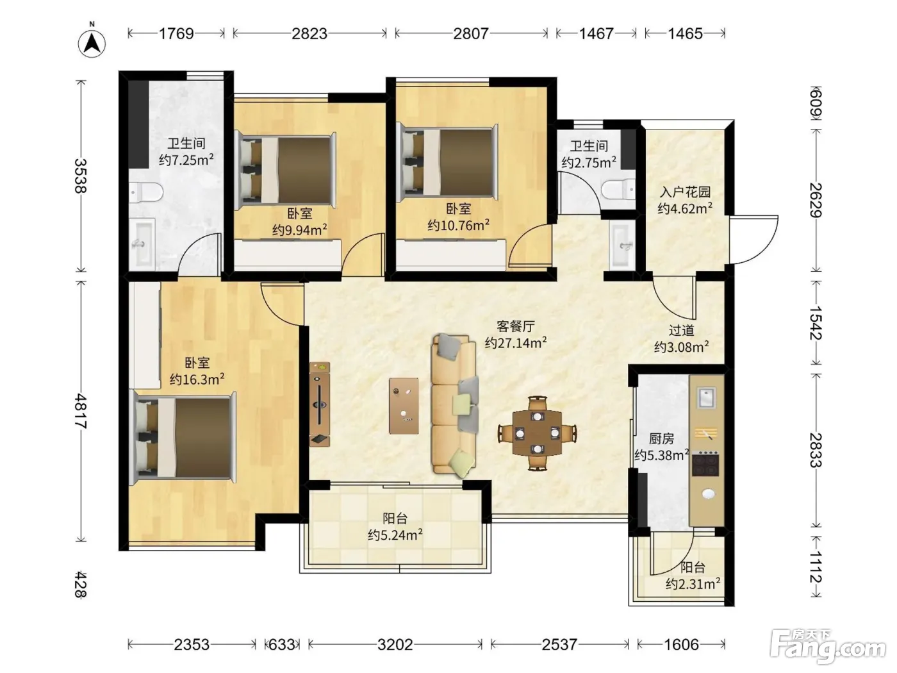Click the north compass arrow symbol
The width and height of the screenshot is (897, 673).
(x=92, y=43)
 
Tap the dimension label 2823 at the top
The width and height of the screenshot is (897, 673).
(x=309, y=33)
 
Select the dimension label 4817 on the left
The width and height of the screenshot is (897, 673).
(x=81, y=411)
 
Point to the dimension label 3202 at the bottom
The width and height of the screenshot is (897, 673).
(x=395, y=644)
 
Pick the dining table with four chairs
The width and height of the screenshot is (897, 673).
(x=537, y=433)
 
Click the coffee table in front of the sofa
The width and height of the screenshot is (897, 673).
(x=404, y=405)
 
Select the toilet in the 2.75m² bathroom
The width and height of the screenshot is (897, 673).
(x=619, y=190)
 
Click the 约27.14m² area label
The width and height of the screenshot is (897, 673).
(x=516, y=342)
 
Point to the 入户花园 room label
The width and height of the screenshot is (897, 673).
(x=686, y=192)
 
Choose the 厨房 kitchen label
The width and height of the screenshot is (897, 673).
(x=661, y=438)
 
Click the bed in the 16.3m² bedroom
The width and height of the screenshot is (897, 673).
(x=183, y=438)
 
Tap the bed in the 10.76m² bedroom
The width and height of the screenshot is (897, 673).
(x=447, y=163)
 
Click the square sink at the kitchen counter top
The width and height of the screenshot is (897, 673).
(x=707, y=397)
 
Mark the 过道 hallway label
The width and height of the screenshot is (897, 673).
(x=681, y=329)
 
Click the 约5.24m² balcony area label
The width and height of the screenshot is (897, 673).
(x=395, y=535)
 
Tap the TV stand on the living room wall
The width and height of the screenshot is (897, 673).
(x=320, y=404)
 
